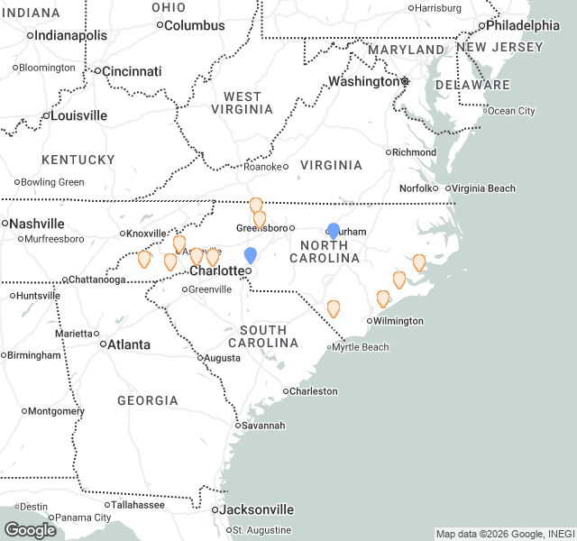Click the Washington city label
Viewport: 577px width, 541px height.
pos(362,81)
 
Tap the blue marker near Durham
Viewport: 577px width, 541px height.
pos(334,231)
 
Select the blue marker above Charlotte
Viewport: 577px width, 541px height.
pos(251,255)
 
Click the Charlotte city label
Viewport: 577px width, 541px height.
pos(216,270)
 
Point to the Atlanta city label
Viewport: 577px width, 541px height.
pos(129,344)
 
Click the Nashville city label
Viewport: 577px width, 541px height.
pos(37,223)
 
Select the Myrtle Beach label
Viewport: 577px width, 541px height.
pos(360,347)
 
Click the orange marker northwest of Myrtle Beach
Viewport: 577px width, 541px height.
pos(334,308)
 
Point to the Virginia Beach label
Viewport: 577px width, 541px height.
pos(483,188)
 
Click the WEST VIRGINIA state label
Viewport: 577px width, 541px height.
pos(243,103)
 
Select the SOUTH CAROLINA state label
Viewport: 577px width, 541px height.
pos(263,336)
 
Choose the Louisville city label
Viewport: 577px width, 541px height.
pos(78,115)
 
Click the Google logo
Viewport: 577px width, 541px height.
pos(30,529)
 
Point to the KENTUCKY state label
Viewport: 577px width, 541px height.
pos(78,160)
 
